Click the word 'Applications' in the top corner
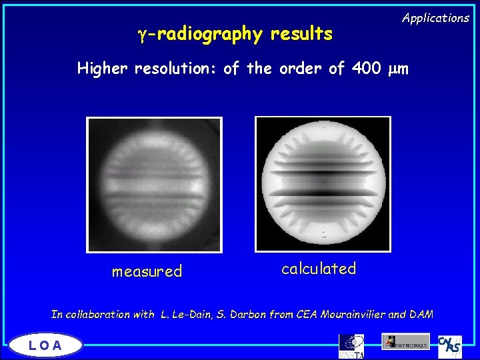(x=435, y=19)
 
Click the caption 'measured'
(x=147, y=271)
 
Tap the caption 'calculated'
(x=319, y=269)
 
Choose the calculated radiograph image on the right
(x=323, y=183)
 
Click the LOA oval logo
(x=46, y=345)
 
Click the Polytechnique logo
(x=405, y=341)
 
